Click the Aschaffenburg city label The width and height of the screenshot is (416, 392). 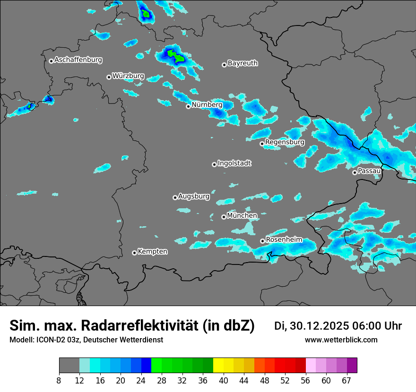point(78,60)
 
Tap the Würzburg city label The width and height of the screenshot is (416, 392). point(128,76)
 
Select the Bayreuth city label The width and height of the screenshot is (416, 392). point(243,63)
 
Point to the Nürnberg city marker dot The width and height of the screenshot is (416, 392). point(188,106)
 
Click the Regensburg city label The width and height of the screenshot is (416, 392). point(285,142)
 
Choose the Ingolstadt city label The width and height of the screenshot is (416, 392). point(234,163)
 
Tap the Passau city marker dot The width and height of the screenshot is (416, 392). point(355,172)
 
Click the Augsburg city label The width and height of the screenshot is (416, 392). point(194,196)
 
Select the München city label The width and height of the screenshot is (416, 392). point(242,216)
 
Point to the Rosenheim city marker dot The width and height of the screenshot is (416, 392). point(262,241)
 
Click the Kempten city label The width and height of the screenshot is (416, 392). point(153,252)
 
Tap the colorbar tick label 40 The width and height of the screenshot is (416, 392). point(224,381)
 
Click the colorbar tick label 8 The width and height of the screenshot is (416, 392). point(59,381)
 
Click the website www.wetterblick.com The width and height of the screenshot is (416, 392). point(341,340)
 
